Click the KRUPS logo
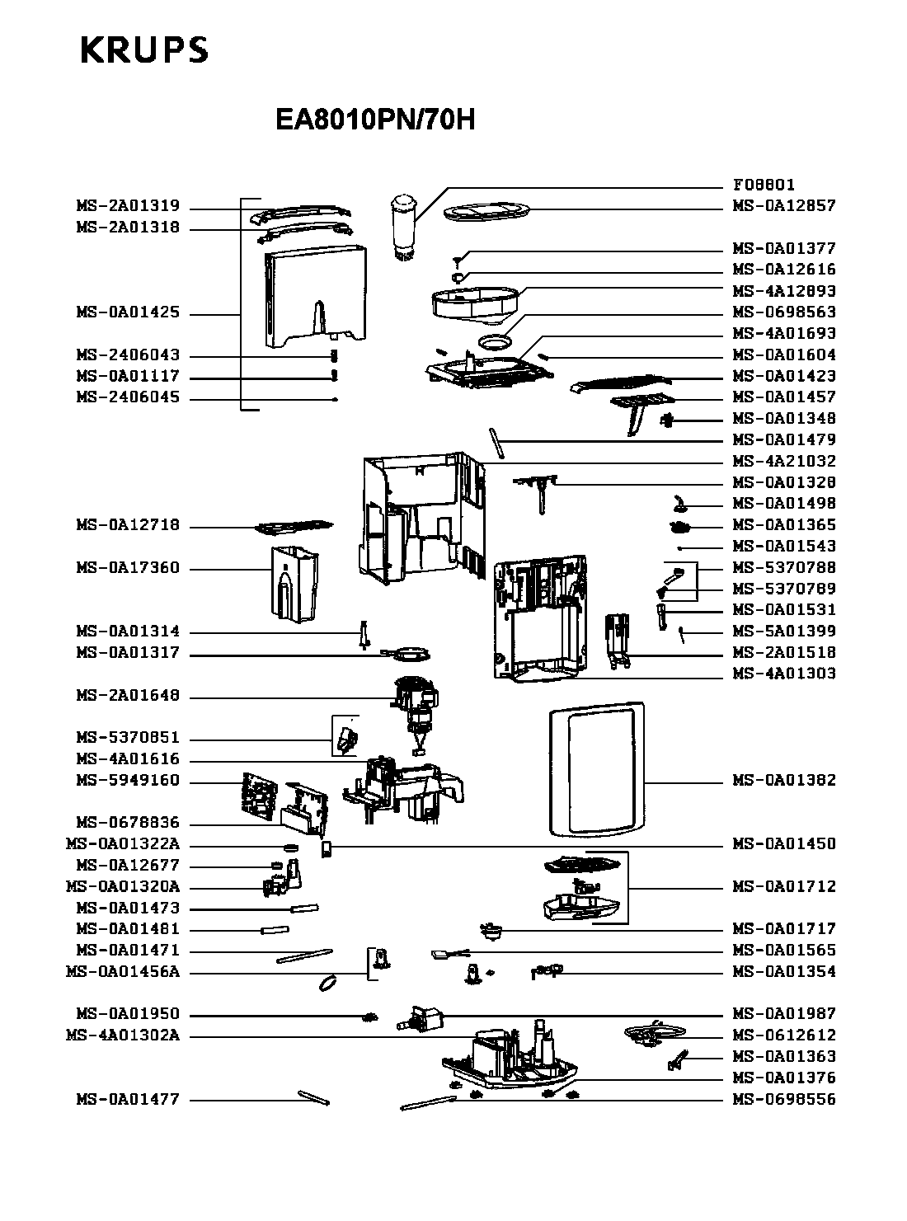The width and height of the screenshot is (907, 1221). coord(143,51)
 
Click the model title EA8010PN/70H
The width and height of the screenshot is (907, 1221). coord(375,120)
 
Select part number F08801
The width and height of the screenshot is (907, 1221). coord(764,185)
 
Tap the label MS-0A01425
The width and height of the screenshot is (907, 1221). coord(128,313)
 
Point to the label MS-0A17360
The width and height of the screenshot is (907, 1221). coord(128,568)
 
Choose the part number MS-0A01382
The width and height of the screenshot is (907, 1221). coord(784,780)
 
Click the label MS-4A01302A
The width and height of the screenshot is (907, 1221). coord(122,1036)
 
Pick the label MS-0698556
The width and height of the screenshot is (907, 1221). coord(784,1099)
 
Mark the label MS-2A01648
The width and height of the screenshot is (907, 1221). coord(128,696)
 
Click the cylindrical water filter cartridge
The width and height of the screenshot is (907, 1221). coord(403,228)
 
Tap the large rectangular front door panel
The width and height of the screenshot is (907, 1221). coord(596,768)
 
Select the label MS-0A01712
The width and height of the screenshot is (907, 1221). coord(784,886)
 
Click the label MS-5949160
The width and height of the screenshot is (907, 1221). coord(128,780)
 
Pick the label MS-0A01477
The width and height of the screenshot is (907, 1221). coord(128,1099)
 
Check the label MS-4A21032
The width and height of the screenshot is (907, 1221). coord(784,461)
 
